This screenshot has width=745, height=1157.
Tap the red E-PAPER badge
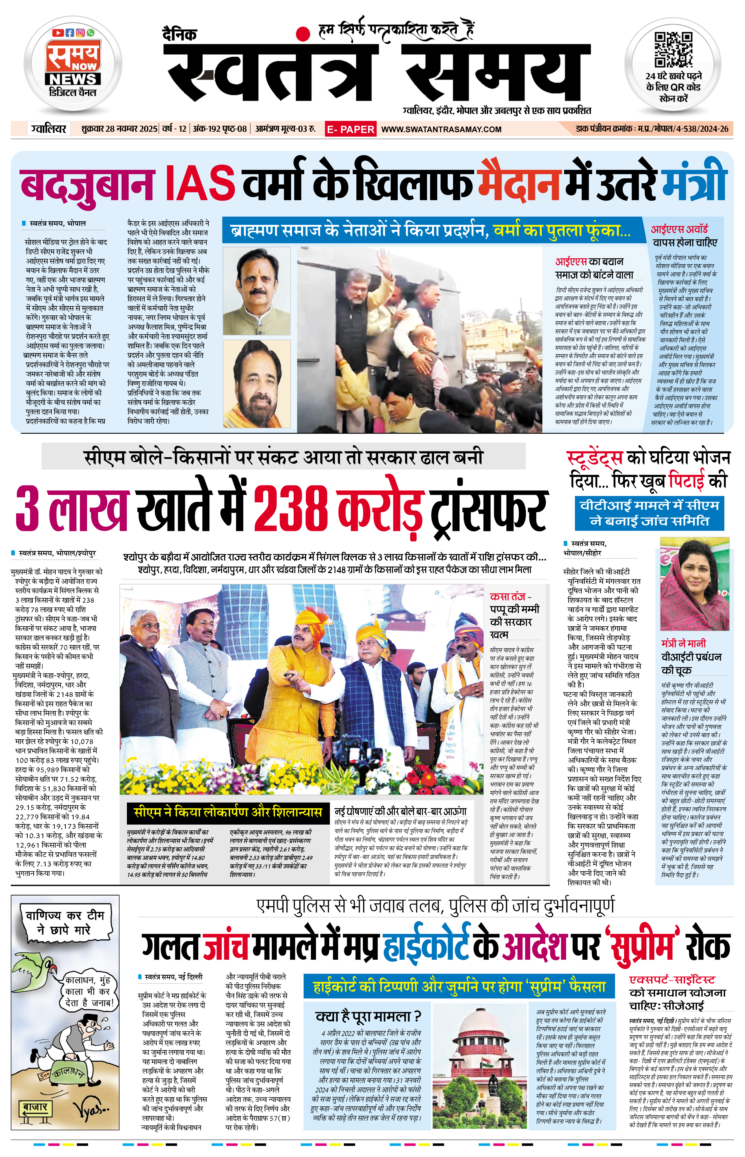click(350, 129)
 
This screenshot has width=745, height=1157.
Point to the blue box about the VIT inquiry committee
click(649, 513)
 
